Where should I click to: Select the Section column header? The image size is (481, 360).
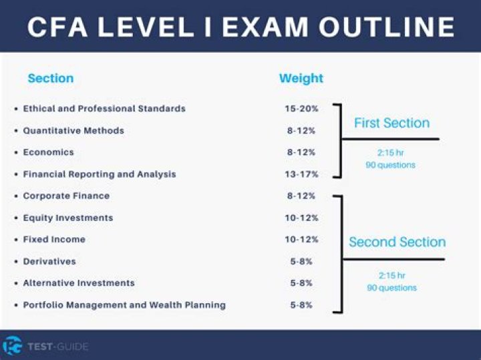point(51,79)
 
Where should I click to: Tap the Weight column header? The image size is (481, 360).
point(301,79)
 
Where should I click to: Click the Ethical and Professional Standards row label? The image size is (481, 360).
point(104,108)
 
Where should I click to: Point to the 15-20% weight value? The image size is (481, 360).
point(301,108)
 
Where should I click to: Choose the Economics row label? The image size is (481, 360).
point(48,152)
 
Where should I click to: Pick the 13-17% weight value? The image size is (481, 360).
point(301,174)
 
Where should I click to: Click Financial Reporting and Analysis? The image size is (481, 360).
point(100,174)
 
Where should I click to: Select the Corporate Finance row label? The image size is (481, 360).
point(66,196)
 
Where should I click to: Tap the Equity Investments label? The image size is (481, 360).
point(68,218)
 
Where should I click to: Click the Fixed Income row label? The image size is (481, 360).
point(54,240)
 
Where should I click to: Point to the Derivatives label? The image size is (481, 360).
point(49,261)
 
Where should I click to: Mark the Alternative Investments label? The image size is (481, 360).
point(79,283)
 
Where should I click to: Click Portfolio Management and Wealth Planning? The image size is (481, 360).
point(124,305)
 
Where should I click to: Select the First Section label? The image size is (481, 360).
point(391,123)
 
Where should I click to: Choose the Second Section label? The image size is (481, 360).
point(397,242)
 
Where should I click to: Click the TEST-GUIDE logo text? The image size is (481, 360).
point(58,346)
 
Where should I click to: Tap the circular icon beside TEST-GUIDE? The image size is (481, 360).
point(13,345)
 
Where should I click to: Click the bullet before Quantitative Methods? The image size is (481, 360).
point(15,131)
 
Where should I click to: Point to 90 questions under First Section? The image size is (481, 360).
point(391,164)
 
